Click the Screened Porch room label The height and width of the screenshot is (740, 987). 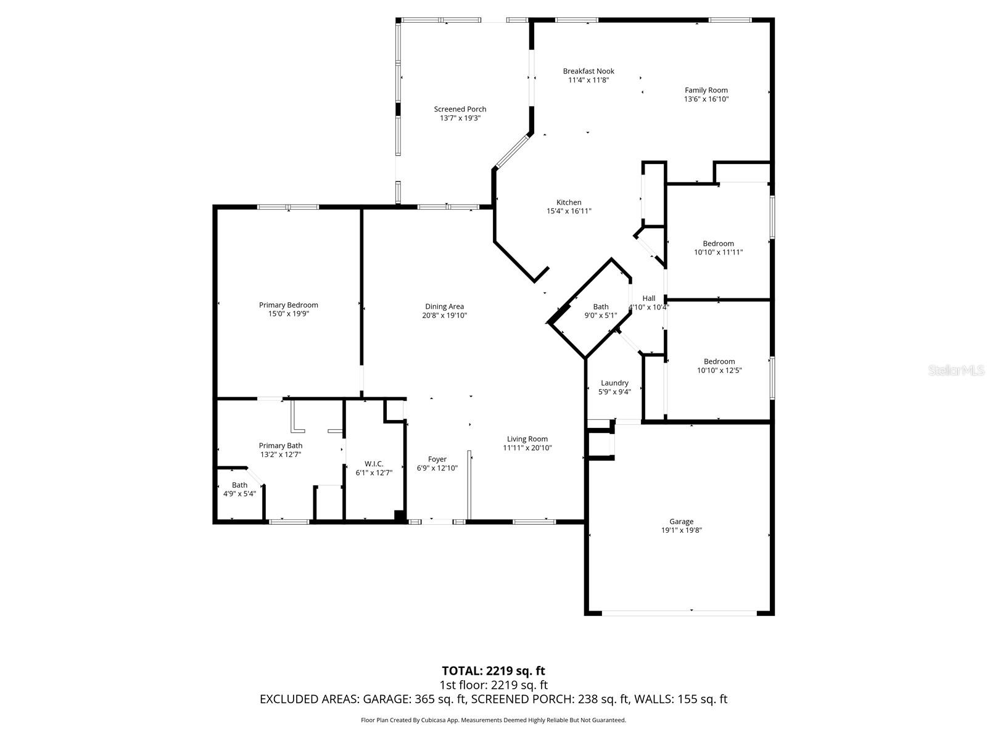(460, 109)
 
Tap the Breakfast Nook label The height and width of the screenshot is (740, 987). (588, 71)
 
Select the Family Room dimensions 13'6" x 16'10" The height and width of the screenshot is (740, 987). (706, 99)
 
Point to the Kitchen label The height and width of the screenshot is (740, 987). (569, 202)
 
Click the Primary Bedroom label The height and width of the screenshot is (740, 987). (288, 305)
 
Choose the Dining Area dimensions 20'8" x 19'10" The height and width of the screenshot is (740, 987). (444, 315)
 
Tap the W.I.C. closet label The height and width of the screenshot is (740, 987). (374, 464)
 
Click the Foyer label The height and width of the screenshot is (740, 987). (437, 459)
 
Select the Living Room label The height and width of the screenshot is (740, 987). (527, 439)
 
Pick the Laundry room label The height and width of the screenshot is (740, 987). (614, 383)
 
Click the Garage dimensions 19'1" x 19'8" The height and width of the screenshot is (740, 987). (682, 530)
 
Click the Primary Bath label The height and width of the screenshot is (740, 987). (281, 445)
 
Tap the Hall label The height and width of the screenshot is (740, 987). (649, 298)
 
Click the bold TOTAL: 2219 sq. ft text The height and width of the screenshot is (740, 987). (493, 670)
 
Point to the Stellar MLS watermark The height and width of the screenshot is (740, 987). (956, 370)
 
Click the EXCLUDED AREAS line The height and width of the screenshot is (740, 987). (493, 699)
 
